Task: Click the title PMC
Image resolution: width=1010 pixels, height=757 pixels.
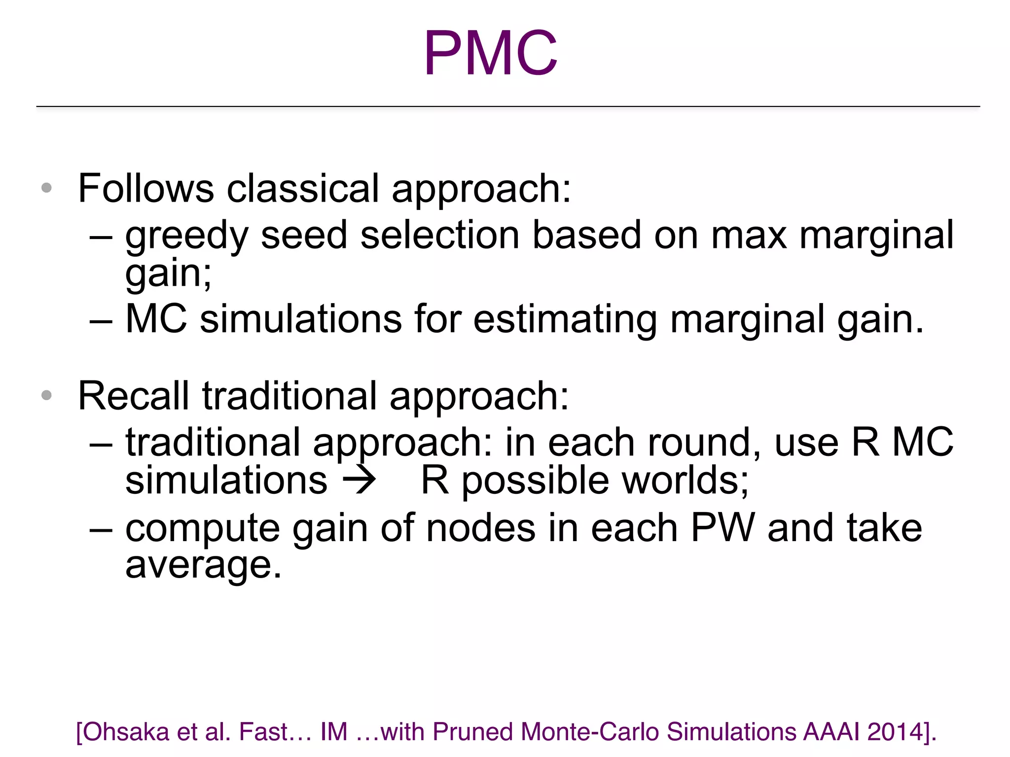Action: tap(490, 53)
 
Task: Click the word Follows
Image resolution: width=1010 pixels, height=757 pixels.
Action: tap(145, 188)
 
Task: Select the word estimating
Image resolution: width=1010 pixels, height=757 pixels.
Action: tap(565, 319)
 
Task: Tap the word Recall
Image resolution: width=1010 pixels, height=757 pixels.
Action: tap(134, 396)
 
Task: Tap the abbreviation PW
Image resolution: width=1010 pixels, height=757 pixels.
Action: tap(723, 528)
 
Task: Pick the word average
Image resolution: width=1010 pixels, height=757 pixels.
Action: tap(203, 566)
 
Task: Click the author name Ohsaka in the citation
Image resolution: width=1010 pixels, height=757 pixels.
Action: tap(126, 732)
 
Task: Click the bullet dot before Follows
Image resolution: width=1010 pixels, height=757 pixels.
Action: tap(47, 188)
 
